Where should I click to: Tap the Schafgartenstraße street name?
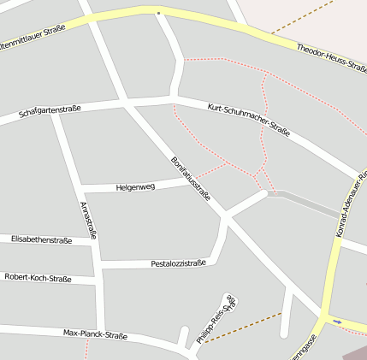pyautogui.click(x=50, y=110)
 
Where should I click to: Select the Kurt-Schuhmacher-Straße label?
pyautogui.click(x=249, y=119)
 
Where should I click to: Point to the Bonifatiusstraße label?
pyautogui.click(x=190, y=178)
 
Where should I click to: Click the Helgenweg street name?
pyautogui.click(x=135, y=186)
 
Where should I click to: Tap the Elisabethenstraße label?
pyautogui.click(x=41, y=240)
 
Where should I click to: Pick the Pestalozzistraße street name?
pyautogui.click(x=178, y=263)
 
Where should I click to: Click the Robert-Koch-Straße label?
pyautogui.click(x=38, y=278)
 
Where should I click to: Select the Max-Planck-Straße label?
pyautogui.click(x=95, y=334)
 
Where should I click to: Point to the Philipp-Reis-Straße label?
pyautogui.click(x=216, y=321)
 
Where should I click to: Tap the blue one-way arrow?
pyautogui.click(x=337, y=322)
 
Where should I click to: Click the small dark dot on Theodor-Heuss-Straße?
pyautogui.click(x=158, y=13)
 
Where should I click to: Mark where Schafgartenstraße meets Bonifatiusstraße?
pyautogui.click(x=125, y=103)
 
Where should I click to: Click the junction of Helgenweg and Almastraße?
pyautogui.click(x=80, y=187)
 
